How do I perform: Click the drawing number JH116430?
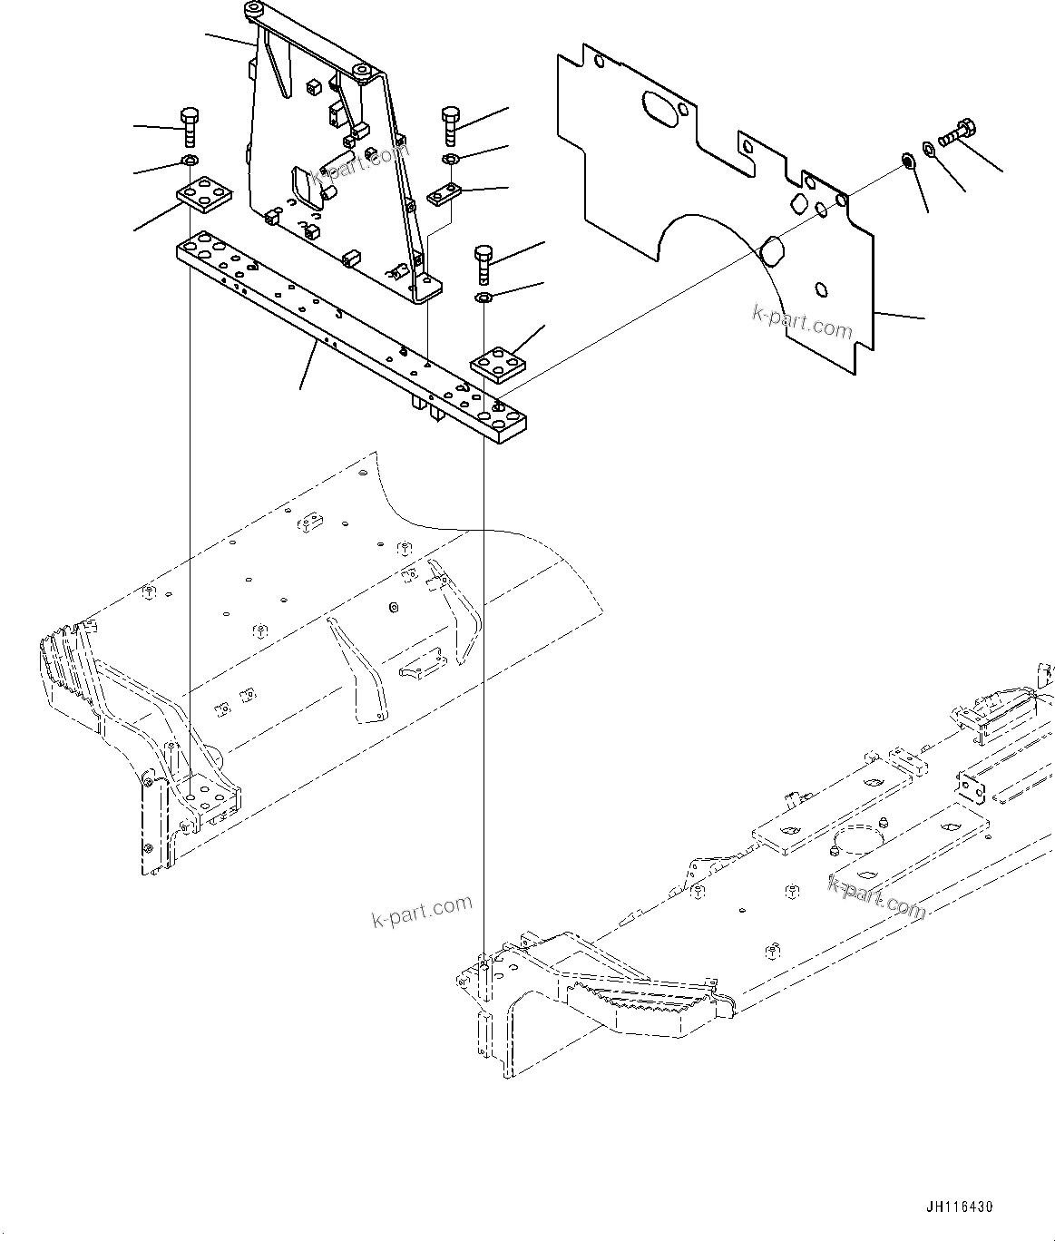(960, 1207)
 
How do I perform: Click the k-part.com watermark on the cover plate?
(802, 321)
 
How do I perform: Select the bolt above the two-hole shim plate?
(452, 124)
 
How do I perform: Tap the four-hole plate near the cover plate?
(499, 365)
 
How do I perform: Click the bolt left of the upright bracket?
(189, 126)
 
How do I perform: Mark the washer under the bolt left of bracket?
(190, 161)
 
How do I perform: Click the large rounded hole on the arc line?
(772, 249)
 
